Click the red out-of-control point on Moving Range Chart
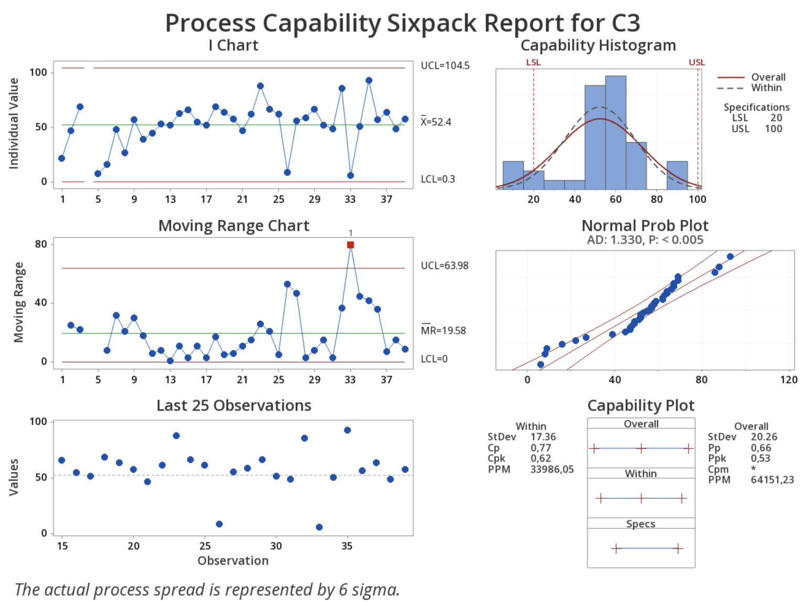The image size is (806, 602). coord(351,245)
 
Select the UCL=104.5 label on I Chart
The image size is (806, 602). coord(445,66)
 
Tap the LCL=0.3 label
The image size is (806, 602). coord(438,179)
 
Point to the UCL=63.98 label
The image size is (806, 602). coord(444,266)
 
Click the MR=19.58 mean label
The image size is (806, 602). coord(443,331)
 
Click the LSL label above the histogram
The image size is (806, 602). coord(533,62)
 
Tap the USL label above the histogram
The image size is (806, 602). coord(696,62)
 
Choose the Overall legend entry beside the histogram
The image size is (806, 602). coord(768,77)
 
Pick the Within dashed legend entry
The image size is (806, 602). coord(766,88)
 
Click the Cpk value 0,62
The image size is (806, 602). coord(540,458)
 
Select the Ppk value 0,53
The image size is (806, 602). coord(761,458)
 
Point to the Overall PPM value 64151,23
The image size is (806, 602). coord(772,480)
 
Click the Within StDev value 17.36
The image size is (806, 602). coord(543,437)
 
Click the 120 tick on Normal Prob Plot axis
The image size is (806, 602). coord(788,379)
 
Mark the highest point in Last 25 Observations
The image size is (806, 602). coord(347,430)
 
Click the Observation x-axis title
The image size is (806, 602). coord(233,561)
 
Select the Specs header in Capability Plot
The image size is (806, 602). coord(641,524)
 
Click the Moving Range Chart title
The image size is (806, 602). coord(234,226)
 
